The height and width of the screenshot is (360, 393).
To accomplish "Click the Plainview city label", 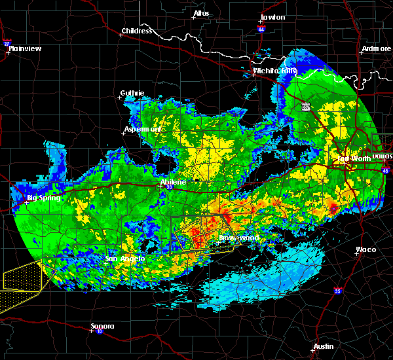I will click(26, 48).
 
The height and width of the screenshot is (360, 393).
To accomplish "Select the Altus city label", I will click(201, 13).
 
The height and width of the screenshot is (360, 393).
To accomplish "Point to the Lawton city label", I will click(272, 17).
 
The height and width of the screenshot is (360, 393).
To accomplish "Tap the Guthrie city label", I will click(132, 93).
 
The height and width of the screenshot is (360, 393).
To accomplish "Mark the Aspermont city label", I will click(143, 129).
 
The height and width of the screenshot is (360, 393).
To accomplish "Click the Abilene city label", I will click(174, 181).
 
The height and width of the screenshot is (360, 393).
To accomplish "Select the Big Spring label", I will click(43, 198).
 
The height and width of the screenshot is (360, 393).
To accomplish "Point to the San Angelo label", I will click(125, 259).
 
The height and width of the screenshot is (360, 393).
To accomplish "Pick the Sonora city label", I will click(102, 326).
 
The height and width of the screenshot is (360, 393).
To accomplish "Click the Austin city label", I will click(323, 346).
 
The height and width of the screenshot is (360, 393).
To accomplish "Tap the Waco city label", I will click(365, 249).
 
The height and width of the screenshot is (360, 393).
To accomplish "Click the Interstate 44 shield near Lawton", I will click(261, 29).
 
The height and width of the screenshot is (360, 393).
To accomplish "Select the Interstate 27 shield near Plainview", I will click(7, 43).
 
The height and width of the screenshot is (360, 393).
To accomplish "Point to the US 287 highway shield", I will click(305, 106).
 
